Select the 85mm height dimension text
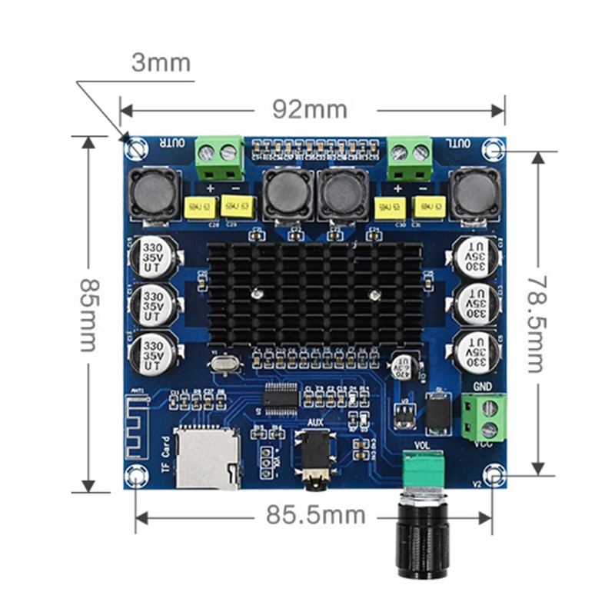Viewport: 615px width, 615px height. [x=88, y=313]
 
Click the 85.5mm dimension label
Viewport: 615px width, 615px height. [x=315, y=515]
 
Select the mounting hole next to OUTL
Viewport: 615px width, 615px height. [x=493, y=146]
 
